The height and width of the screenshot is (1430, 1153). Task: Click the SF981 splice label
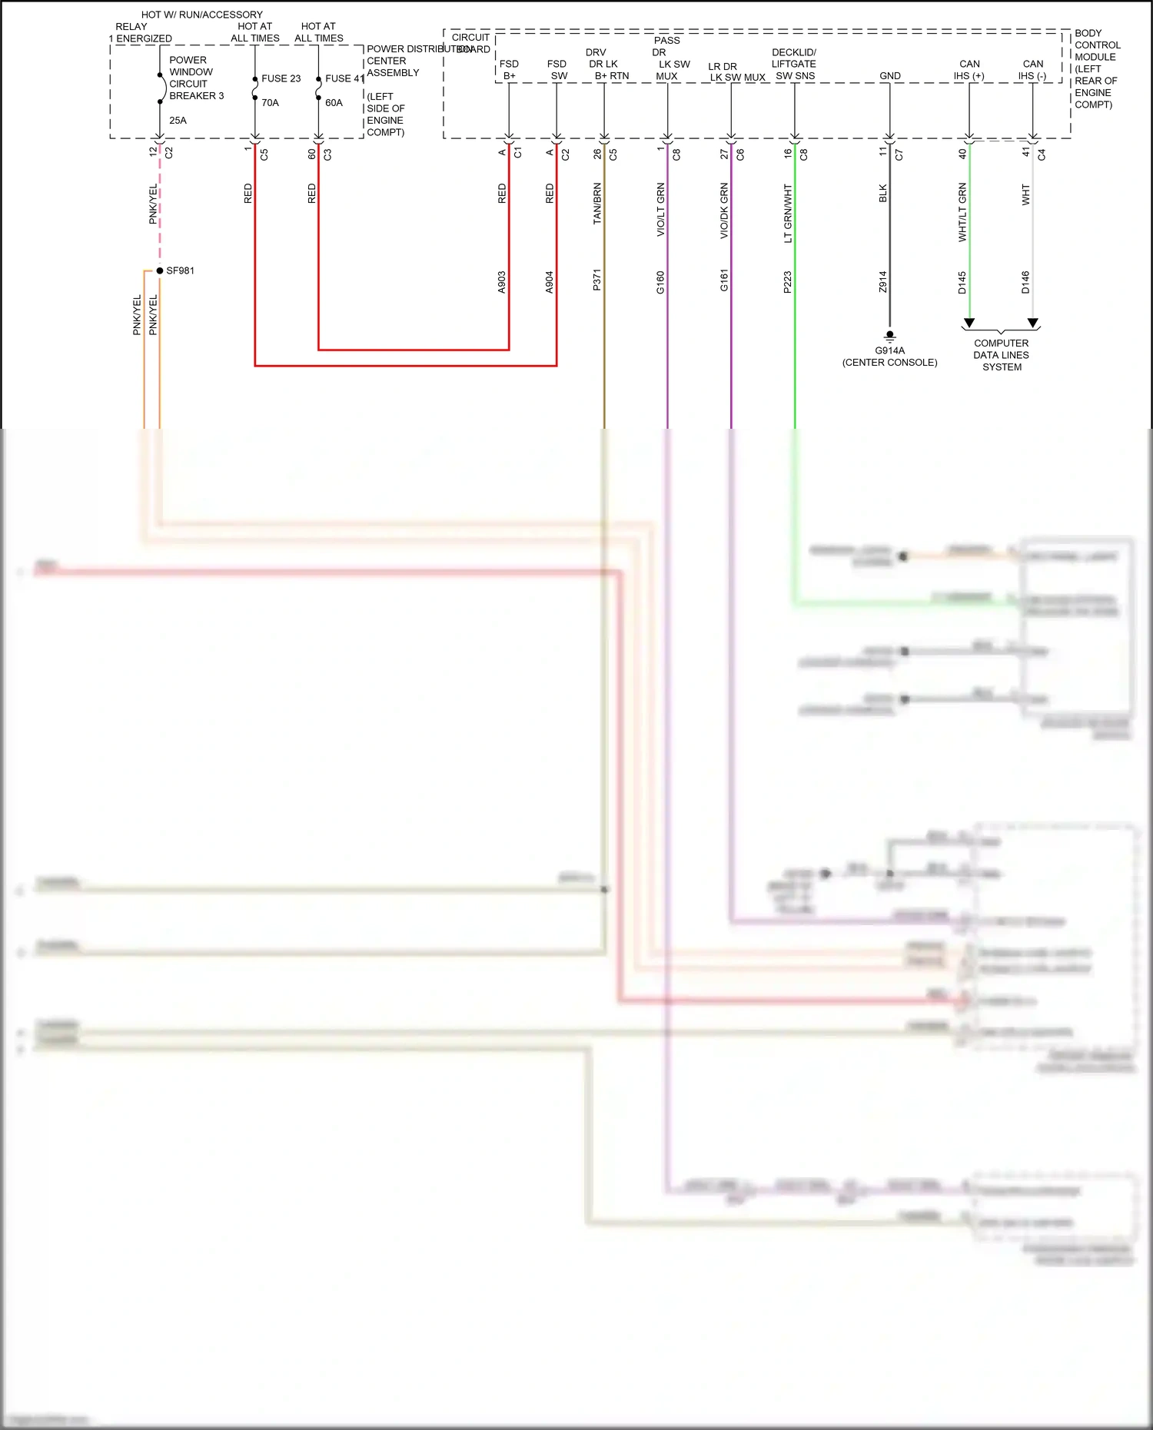(x=180, y=271)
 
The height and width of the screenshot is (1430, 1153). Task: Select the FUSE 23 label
(x=281, y=78)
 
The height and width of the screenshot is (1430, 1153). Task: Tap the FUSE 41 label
(x=344, y=78)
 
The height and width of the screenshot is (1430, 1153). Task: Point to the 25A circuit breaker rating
(x=178, y=121)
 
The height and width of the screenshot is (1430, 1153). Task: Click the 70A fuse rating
(x=270, y=103)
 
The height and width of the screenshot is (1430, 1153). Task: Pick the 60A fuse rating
(x=334, y=103)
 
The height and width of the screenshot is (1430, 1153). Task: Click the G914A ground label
(x=889, y=351)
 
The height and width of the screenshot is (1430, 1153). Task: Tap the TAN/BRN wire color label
(x=597, y=204)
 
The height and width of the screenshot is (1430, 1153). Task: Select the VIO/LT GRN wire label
(x=661, y=209)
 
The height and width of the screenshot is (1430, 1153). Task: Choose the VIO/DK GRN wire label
(x=724, y=211)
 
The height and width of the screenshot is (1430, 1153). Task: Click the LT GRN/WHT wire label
(x=788, y=213)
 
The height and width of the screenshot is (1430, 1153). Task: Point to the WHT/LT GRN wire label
(x=962, y=212)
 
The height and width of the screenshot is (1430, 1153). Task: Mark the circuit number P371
(x=597, y=280)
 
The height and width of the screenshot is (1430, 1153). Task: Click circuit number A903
(x=502, y=282)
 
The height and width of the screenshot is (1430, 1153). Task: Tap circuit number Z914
(x=883, y=281)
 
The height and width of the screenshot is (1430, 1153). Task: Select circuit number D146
(x=1025, y=282)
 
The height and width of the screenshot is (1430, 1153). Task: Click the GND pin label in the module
(x=890, y=76)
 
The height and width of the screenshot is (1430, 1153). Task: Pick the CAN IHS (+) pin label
(x=969, y=70)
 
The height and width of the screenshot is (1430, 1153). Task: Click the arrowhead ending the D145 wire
(x=969, y=323)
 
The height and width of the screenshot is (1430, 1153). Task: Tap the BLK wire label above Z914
(x=883, y=194)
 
